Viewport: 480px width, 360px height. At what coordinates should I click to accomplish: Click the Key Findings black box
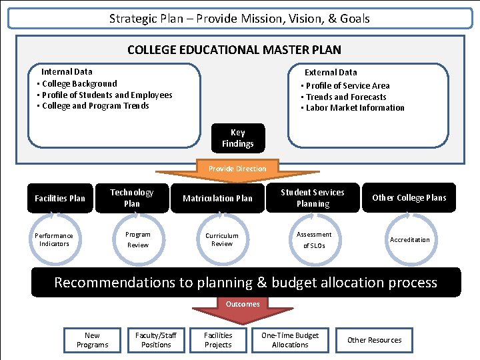238,138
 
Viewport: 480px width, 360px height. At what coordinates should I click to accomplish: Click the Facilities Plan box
60,198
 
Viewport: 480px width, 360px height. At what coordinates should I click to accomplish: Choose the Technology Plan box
132,198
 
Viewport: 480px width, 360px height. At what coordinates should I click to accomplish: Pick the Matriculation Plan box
218,198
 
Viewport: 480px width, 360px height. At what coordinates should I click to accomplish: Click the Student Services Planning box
313,198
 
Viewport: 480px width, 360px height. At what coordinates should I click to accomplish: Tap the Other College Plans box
409,198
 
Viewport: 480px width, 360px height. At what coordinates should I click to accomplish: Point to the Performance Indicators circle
54,240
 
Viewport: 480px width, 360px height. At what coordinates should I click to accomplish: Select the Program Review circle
138,240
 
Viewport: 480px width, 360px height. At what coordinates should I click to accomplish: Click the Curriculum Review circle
222,240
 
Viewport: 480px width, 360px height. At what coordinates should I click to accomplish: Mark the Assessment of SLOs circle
314,240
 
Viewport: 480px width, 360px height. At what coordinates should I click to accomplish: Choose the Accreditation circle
410,240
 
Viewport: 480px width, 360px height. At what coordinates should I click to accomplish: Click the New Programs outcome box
93,340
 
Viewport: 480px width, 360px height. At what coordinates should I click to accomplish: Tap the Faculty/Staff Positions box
156,340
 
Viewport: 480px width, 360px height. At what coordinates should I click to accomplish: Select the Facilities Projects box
218,340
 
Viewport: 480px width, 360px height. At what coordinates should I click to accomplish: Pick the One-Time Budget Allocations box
290,340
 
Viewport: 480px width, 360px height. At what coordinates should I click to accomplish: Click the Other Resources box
375,340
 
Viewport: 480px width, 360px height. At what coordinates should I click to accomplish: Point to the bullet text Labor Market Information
355,108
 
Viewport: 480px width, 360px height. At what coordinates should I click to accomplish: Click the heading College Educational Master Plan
234,50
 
